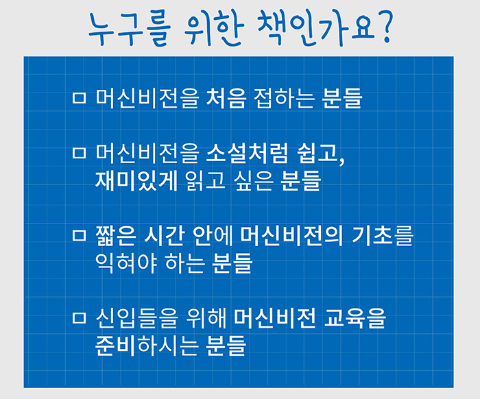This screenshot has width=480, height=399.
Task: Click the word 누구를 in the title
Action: (130, 30)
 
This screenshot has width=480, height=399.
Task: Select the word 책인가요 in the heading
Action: (316, 27)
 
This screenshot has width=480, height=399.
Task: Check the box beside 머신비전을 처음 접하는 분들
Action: (79, 98)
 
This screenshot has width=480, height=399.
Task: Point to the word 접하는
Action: (284, 98)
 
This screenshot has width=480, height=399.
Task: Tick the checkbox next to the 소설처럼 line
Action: (79, 152)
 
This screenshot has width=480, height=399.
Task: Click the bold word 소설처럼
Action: (247, 152)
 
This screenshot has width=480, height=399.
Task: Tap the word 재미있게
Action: (136, 180)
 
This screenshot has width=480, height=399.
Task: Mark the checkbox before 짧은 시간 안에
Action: (79, 236)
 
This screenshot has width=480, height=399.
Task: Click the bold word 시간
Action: (164, 236)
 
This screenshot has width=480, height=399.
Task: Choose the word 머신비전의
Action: (291, 236)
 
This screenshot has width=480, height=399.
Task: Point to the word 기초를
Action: (383, 236)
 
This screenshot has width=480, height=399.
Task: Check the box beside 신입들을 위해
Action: (79, 318)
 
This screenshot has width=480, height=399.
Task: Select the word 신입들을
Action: (136, 318)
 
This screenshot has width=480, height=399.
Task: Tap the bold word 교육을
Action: (355, 318)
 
